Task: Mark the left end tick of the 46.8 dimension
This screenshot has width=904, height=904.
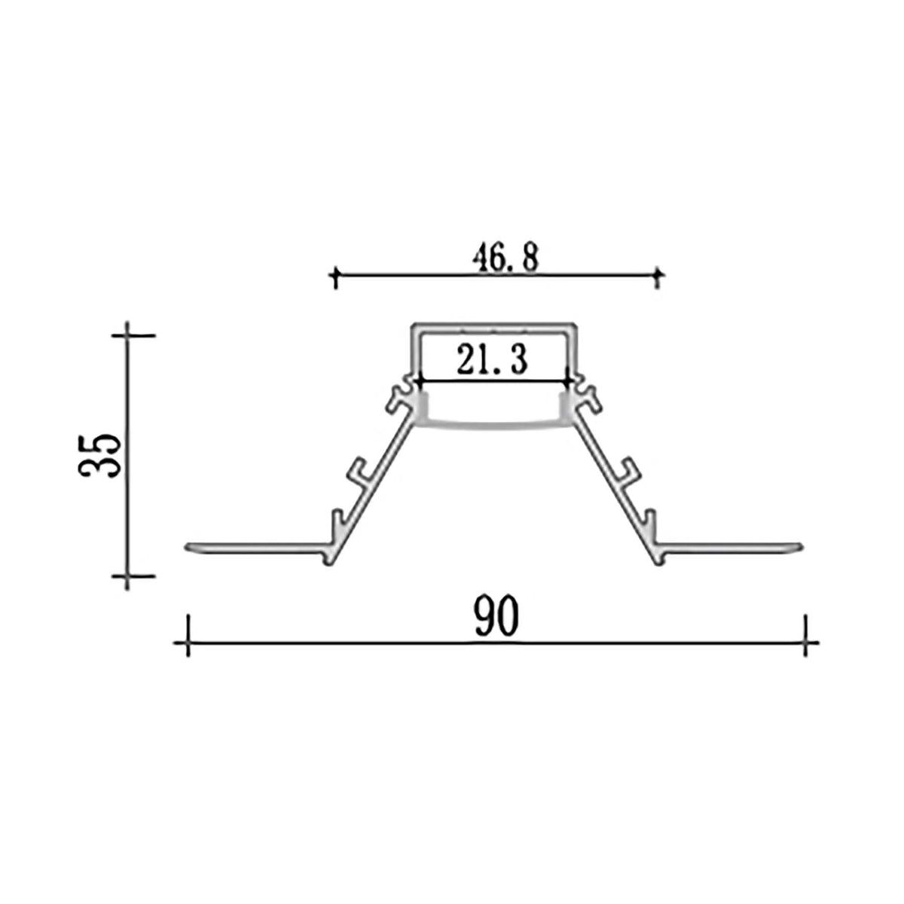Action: click(x=334, y=277)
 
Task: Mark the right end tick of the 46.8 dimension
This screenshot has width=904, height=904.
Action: click(x=658, y=277)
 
